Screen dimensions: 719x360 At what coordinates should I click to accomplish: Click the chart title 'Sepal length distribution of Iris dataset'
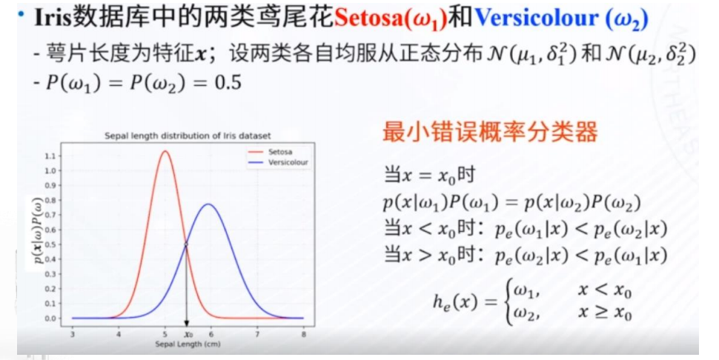coord(188,136)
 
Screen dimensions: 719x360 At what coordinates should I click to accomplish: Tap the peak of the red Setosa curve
coord(165,151)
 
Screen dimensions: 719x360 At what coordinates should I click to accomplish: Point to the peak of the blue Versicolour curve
coord(208,204)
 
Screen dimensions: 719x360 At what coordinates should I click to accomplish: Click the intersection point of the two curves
coord(186,244)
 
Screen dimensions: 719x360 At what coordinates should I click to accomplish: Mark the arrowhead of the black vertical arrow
coord(186,323)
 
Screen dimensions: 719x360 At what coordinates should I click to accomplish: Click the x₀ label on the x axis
coord(188,334)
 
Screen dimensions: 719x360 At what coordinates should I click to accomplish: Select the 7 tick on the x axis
coord(257,334)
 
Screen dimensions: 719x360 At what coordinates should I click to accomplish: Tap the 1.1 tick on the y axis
coord(50,156)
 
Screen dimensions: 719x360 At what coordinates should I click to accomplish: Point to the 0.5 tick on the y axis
coord(50,244)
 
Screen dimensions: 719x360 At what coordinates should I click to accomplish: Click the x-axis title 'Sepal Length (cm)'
coord(188,344)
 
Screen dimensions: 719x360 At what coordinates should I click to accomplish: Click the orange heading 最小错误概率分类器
coord(490,131)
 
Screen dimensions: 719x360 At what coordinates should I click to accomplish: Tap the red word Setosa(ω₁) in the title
coord(391,19)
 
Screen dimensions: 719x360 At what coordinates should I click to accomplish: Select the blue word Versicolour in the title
coord(537,19)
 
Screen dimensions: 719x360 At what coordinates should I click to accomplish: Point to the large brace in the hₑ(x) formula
coord(507,302)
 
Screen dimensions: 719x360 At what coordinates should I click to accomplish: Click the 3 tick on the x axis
coord(73,334)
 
